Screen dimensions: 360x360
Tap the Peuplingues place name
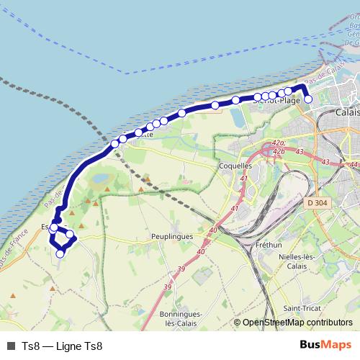click(172, 235)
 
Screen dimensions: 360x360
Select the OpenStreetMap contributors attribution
click(297, 323)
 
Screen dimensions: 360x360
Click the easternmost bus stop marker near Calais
click(308, 99)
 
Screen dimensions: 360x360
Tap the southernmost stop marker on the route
click(60, 253)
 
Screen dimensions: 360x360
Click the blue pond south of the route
click(100, 177)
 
